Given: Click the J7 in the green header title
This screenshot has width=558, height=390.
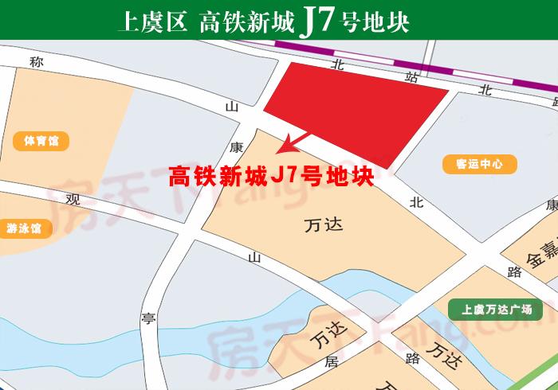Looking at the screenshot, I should [314, 21].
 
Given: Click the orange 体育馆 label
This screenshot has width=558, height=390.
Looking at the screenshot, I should [41, 142].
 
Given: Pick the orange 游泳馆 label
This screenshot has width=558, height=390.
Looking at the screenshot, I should [25, 228].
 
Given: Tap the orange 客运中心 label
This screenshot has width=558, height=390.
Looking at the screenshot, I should [480, 165].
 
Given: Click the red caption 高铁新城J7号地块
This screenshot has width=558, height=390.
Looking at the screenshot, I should [272, 177].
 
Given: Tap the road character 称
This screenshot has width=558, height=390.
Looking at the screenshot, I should [35, 61].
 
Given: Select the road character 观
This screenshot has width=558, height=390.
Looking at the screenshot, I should [73, 198].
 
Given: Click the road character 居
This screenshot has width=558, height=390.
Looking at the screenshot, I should [332, 362].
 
